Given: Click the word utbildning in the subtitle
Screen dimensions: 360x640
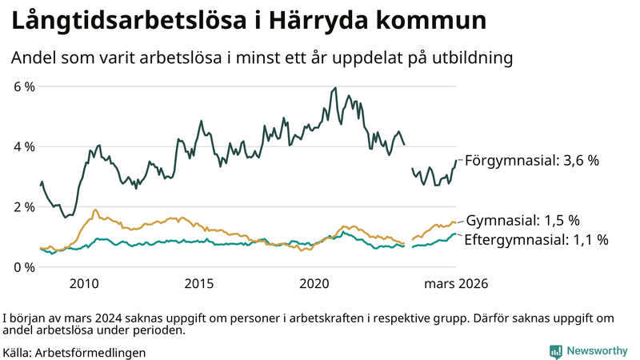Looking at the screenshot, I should [x=471, y=58].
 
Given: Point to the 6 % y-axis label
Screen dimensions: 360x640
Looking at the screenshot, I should [x=23, y=86].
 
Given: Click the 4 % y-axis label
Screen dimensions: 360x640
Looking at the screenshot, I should [x=23, y=146].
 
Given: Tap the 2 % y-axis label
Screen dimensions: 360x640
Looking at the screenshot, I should [x=23, y=206].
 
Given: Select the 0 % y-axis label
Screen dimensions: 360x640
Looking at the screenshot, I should [x=23, y=266].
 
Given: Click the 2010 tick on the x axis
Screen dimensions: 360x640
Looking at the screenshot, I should [x=84, y=283].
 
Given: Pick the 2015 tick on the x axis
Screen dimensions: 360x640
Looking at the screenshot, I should [x=199, y=283].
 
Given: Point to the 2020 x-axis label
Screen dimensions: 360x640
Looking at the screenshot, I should [x=314, y=283].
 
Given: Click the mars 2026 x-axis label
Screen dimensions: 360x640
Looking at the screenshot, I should [x=456, y=283].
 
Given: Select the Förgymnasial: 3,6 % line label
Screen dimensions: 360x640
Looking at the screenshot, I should [x=532, y=160].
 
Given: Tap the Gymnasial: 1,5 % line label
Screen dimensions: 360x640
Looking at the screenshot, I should [x=522, y=220].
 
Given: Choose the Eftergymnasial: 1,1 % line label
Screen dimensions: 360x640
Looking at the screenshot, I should [x=536, y=239].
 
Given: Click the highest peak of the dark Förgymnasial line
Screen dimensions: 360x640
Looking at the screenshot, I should [x=335, y=88].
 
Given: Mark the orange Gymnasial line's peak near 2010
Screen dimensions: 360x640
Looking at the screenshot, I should [x=95, y=210].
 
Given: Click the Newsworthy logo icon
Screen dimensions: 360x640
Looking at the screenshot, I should [x=555, y=351].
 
